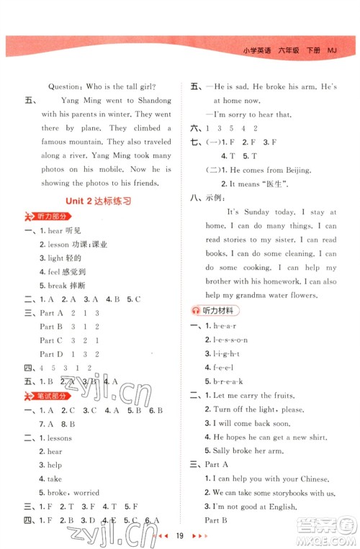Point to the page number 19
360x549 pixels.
point(181,537)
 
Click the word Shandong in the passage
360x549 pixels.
point(150,101)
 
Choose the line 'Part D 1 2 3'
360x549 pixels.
point(70,354)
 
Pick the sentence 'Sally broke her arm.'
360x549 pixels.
point(253,450)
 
